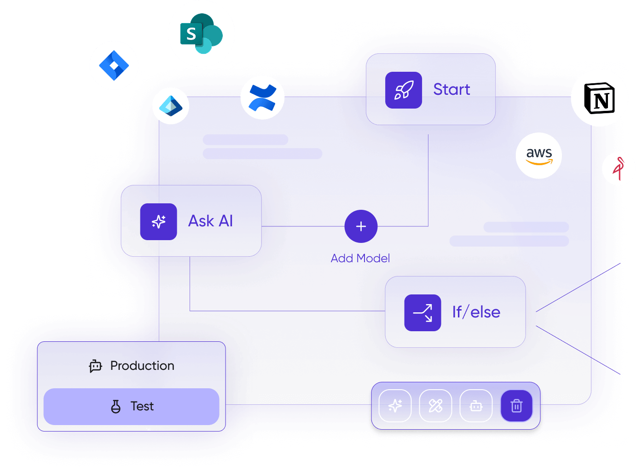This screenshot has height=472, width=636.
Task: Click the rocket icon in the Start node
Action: pos(403,90)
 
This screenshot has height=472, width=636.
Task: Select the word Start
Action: pos(451,89)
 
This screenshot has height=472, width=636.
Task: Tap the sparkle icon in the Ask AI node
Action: pos(158,222)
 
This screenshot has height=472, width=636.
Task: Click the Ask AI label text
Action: pos(210,221)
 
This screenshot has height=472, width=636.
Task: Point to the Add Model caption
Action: pos(360,259)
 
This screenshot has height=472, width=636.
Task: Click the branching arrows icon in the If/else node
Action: pos(422,313)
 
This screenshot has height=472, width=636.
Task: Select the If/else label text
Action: pos(476,312)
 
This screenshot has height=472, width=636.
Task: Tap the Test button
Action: pos(132,406)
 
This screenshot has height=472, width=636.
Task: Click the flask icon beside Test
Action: pos(116,406)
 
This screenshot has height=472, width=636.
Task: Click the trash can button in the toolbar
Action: pos(516,406)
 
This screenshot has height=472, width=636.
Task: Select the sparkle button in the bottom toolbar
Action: pos(395,406)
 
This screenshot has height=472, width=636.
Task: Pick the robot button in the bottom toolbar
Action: pos(476,406)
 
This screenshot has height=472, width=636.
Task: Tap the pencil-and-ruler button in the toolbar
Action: pos(435,406)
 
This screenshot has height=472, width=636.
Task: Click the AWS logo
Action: pos(539,155)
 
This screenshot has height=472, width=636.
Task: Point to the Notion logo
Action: pos(599,98)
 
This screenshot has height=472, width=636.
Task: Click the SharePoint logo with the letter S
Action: pos(201,34)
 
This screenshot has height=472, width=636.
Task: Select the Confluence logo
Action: pos(262,98)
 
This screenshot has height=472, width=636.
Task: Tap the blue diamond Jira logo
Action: pos(114,65)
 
